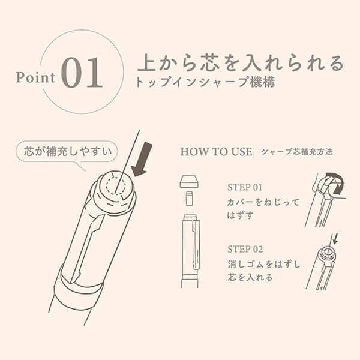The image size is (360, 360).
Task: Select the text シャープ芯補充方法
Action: pyautogui.click(x=297, y=151)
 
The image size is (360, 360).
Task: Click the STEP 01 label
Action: pyautogui.click(x=245, y=187)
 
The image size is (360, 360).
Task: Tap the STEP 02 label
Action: pyautogui.click(x=246, y=248)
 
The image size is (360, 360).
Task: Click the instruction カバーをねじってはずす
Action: pyautogui.click(x=258, y=208)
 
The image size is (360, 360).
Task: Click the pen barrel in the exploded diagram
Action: pyautogui.click(x=190, y=246)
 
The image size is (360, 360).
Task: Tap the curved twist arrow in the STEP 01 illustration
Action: pyautogui.click(x=334, y=183)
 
